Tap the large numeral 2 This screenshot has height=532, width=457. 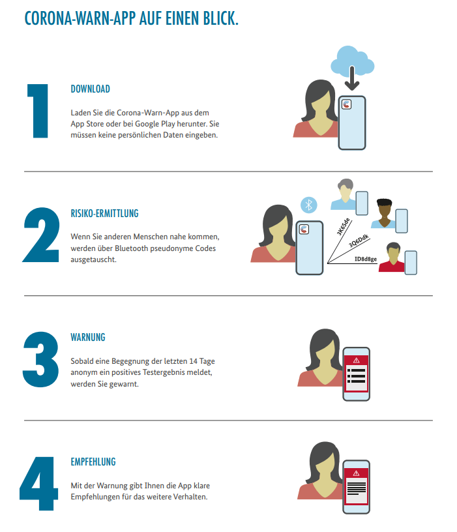[x=41, y=235]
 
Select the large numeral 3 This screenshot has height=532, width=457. [x=40, y=359]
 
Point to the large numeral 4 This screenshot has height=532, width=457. [x=38, y=484]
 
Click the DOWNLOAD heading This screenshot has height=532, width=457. [x=90, y=89]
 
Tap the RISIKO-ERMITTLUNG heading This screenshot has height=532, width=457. [x=104, y=213]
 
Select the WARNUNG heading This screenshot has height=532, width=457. [x=88, y=337]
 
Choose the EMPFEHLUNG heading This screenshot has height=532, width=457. [x=93, y=462]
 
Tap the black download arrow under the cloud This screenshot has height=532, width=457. [x=352, y=79]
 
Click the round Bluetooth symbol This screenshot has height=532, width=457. [x=309, y=205]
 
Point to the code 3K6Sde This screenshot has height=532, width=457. [x=343, y=227]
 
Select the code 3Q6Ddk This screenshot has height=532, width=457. [x=359, y=241]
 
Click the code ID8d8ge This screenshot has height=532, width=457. [x=366, y=259]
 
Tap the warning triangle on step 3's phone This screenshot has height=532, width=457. [x=356, y=361]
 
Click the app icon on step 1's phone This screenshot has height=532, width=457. [x=346, y=104]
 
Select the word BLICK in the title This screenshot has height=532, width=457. [x=220, y=18]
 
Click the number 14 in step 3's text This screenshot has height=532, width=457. [x=193, y=361]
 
